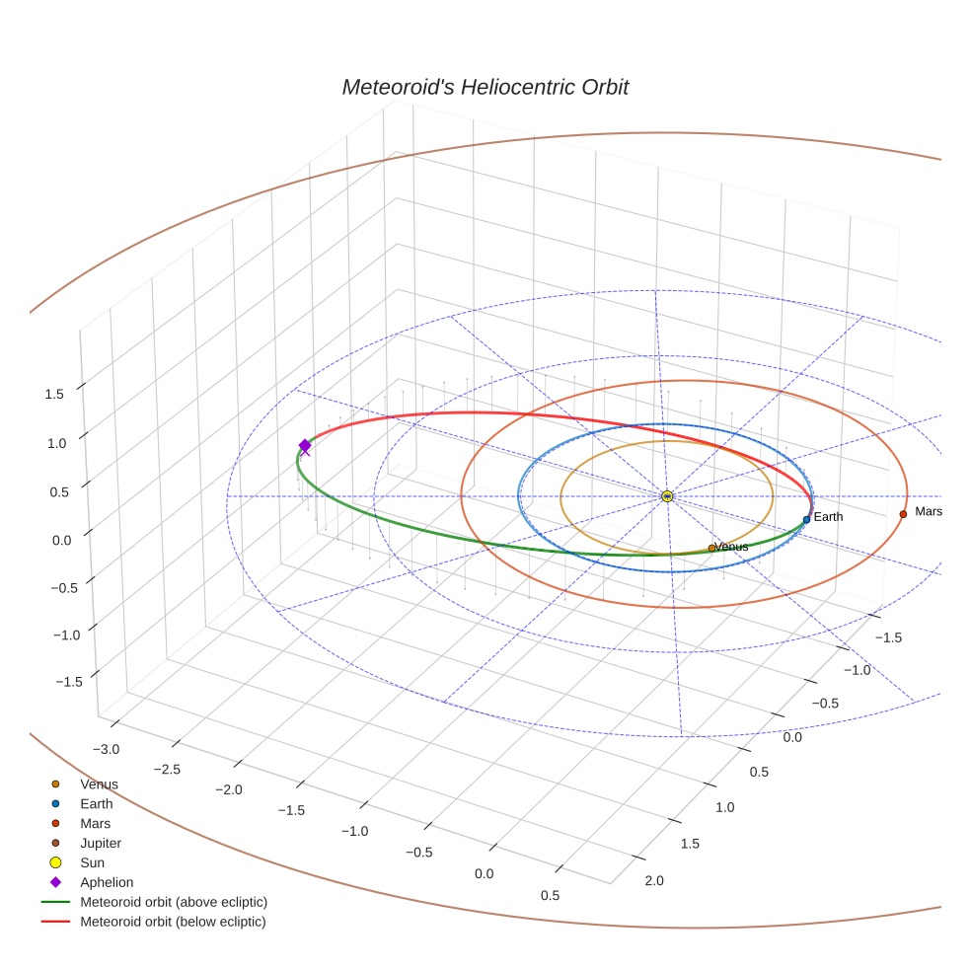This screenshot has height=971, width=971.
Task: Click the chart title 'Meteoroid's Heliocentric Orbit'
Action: click(x=485, y=87)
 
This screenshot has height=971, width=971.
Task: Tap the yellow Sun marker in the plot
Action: click(x=667, y=495)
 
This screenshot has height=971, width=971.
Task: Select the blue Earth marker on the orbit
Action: click(x=806, y=519)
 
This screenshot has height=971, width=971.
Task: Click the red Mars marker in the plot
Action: click(x=903, y=514)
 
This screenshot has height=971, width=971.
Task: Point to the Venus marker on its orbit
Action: click(x=711, y=548)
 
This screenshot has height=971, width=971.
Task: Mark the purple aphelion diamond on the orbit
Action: click(x=305, y=446)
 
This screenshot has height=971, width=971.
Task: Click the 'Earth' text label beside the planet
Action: click(x=828, y=517)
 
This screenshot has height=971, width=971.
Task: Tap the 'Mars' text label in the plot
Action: click(x=929, y=511)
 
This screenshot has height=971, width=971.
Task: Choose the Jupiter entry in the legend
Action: click(x=100, y=843)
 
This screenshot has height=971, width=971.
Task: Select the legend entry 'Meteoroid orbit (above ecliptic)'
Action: click(x=174, y=902)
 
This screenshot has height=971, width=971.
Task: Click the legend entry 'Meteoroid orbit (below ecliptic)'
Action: click(x=173, y=922)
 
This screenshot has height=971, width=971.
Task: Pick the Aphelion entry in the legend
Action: click(x=106, y=882)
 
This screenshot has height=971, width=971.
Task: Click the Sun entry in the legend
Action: click(x=92, y=862)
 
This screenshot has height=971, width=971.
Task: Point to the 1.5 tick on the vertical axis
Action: click(x=54, y=394)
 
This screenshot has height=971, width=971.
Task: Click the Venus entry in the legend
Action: click(x=99, y=784)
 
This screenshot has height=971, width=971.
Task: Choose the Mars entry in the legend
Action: click(x=95, y=823)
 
